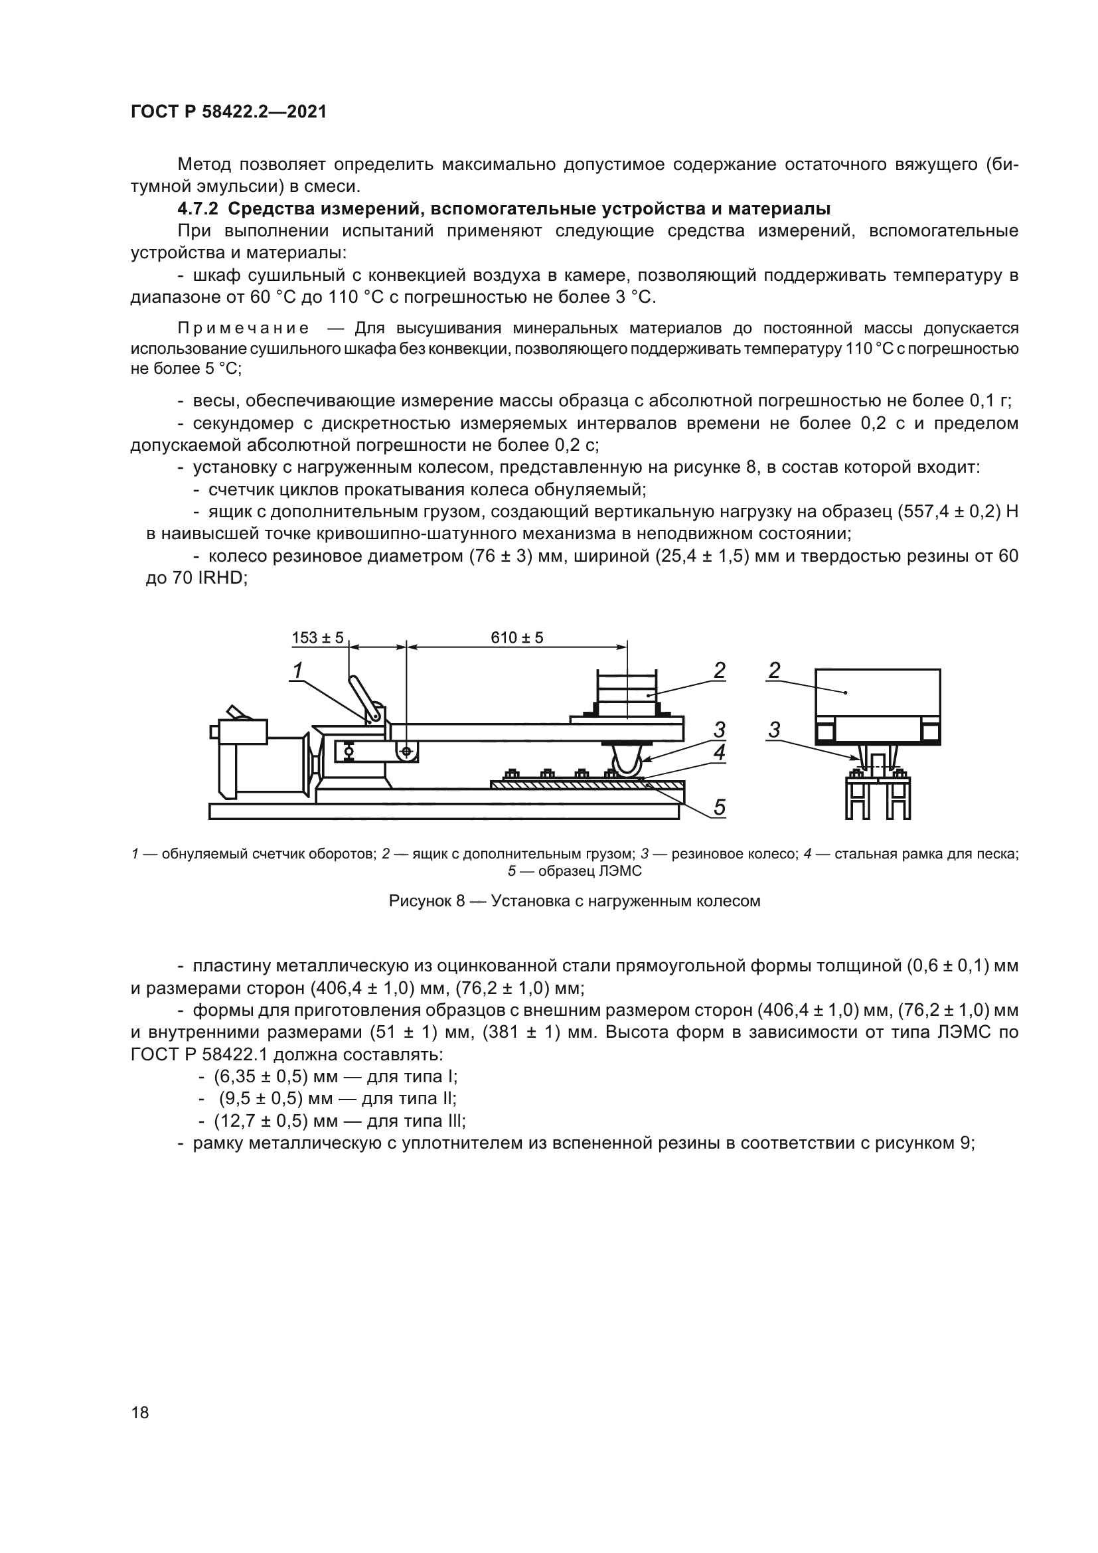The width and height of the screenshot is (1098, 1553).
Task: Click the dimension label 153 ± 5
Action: pyautogui.click(x=317, y=637)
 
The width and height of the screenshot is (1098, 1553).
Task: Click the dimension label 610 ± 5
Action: pyautogui.click(x=516, y=637)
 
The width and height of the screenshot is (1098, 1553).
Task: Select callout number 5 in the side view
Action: pyautogui.click(x=720, y=807)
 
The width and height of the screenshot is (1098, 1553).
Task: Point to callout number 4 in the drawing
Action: pyautogui.click(x=720, y=752)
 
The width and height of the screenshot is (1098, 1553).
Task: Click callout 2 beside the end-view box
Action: pyautogui.click(x=774, y=671)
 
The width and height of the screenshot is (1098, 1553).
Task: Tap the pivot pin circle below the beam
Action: pyautogui.click(x=406, y=752)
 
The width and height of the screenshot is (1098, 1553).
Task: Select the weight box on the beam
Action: pyautogui.click(x=626, y=693)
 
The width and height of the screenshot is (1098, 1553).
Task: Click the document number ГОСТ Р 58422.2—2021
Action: pyautogui.click(x=228, y=112)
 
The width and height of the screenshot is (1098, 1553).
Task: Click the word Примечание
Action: pyautogui.click(x=244, y=329)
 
